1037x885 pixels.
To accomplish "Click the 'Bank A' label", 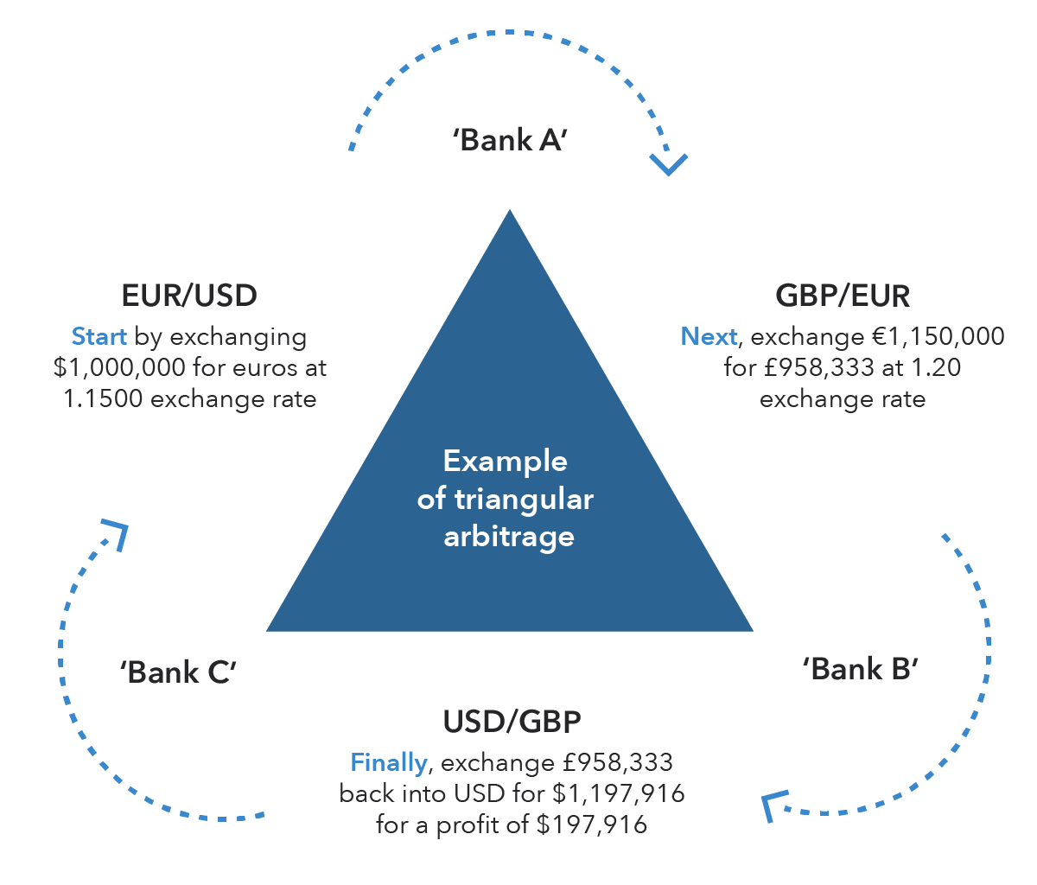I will tap(509, 140).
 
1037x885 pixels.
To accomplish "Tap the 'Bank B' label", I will tap(860, 668).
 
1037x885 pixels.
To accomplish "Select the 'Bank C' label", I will tap(179, 672).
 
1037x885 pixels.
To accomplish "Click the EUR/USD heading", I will tap(189, 296).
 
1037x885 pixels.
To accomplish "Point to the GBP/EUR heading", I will tap(843, 296).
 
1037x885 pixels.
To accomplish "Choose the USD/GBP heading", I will tap(512, 722).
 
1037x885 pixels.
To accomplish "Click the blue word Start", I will tap(99, 336).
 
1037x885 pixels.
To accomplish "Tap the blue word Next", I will tap(709, 336).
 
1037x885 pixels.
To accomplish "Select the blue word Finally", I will tap(388, 762).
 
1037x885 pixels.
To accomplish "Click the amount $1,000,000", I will tap(119, 367).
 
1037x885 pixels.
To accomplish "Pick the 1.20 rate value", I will tap(935, 367).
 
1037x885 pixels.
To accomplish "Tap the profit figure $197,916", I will tap(591, 825).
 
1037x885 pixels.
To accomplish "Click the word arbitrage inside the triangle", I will tap(509, 537).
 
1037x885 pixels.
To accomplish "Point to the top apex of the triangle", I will tap(510, 213).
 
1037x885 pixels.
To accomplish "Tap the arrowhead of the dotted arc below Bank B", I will tap(772, 805).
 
